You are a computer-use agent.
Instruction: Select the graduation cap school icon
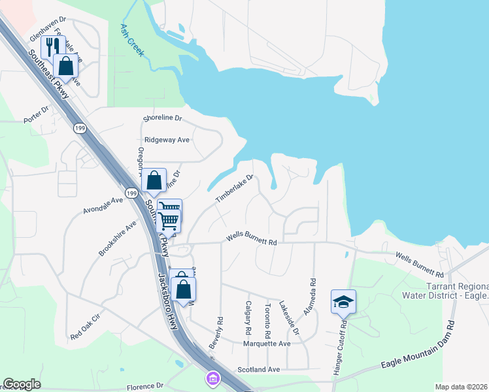(x=343, y=302)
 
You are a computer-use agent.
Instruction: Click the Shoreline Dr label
(x=163, y=119)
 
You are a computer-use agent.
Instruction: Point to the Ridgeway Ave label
(x=167, y=140)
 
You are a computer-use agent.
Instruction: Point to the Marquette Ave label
(x=266, y=344)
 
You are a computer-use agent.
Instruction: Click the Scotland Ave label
(x=258, y=369)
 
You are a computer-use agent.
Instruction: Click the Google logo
(x=22, y=384)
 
